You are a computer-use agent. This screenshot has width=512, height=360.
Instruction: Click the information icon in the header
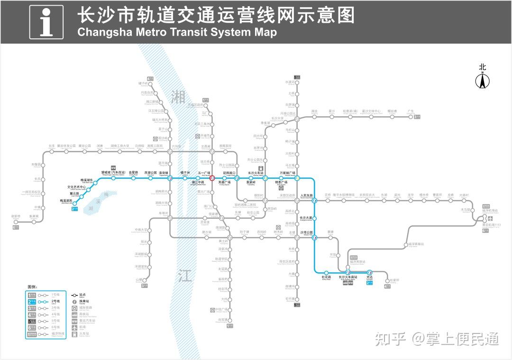point(46,22)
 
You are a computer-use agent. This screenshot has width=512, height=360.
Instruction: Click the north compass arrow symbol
point(483,82)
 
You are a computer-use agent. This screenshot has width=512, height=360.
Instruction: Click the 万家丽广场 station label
point(287,173)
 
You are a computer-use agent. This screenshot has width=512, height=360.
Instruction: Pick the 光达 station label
point(370,277)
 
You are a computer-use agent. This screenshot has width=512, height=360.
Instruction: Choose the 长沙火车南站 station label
point(348,277)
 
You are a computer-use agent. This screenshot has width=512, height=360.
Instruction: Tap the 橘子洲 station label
point(185,173)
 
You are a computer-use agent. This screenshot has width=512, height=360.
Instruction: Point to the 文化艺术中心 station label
point(76,187)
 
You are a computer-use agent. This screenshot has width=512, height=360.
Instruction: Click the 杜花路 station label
point(326,277)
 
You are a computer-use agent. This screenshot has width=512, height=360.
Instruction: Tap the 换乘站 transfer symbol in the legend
point(75,301)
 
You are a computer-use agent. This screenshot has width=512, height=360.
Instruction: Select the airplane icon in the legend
point(75,328)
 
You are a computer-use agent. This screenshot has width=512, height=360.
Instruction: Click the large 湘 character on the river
point(179,97)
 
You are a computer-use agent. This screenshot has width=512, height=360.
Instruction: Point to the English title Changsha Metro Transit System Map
point(177,33)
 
